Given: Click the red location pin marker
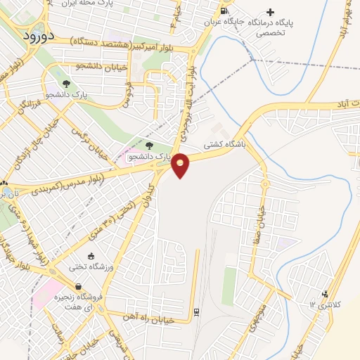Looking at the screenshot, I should pyautogui.click(x=181, y=165).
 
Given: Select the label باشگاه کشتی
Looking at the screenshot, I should pyautogui.click(x=223, y=144).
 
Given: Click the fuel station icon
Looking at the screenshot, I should pyautogui.click(x=224, y=11).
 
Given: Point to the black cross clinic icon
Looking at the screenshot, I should pyautogui.click(x=270, y=11).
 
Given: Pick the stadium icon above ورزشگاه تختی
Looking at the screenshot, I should pyautogui.click(x=91, y=257).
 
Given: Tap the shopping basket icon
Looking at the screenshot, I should pyautogui.click(x=77, y=287).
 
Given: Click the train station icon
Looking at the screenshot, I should pyautogui.click(x=196, y=310).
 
